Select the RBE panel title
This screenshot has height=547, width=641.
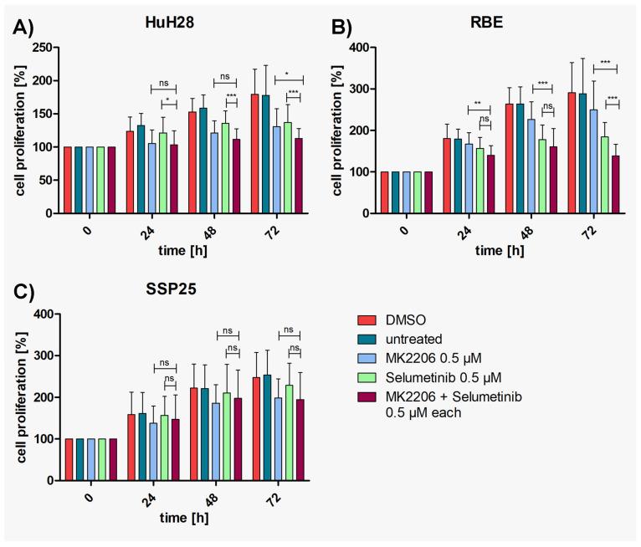pos(490,27)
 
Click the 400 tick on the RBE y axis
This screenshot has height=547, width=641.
pos(361,48)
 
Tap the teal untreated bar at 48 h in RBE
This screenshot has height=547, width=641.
pos(522,158)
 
